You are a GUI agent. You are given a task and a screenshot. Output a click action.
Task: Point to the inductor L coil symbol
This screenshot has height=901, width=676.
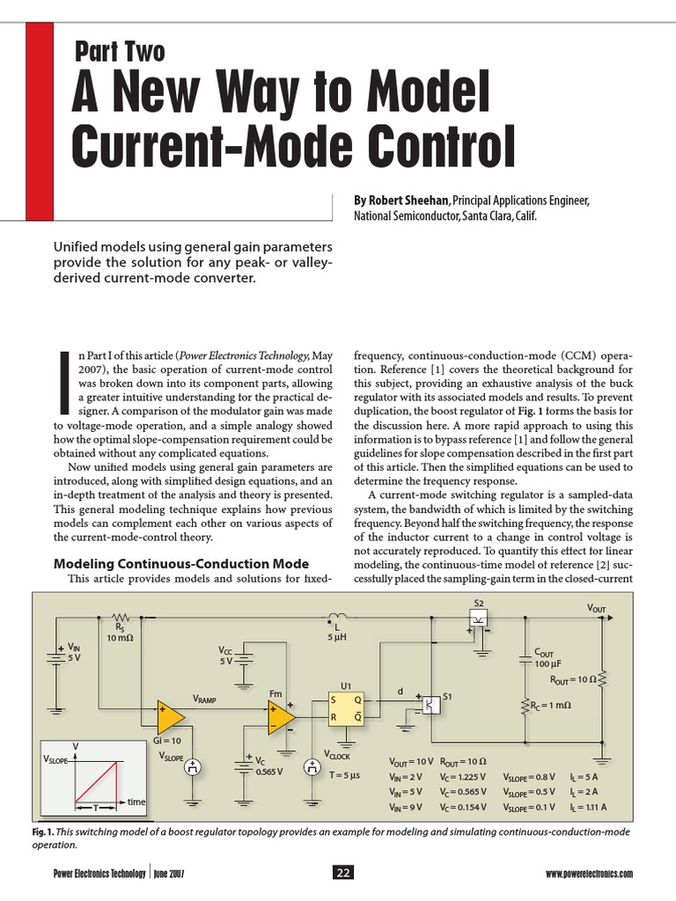[335, 617]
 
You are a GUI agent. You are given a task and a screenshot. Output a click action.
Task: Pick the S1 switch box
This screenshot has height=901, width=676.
[429, 705]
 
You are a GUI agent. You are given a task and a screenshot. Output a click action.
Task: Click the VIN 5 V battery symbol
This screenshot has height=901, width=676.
[55, 653]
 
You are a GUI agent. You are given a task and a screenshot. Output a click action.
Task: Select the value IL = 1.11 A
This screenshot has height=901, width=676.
[588, 806]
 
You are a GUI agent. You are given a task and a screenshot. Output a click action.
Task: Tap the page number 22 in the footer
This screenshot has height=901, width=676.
[342, 872]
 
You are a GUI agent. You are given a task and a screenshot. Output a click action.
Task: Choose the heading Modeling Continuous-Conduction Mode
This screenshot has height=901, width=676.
[181, 563]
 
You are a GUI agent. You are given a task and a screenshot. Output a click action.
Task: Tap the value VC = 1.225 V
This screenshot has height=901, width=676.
[464, 777]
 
